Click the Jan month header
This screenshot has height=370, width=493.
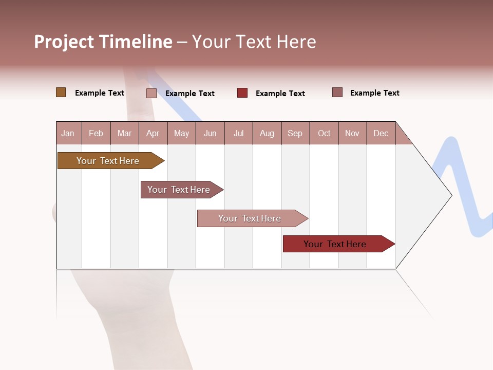pyautogui.click(x=68, y=133)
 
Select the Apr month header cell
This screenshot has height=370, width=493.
pyautogui.click(x=153, y=133)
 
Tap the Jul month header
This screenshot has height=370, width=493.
pyautogui.click(x=238, y=133)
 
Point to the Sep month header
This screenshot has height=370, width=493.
pyautogui.click(x=295, y=133)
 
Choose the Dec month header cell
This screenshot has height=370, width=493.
pyautogui.click(x=381, y=133)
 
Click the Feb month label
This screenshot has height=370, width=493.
pyautogui.click(x=96, y=133)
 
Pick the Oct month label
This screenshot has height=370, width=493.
pyautogui.click(x=324, y=133)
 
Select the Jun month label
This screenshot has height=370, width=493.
pyautogui.click(x=210, y=133)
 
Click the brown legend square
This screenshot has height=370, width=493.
pyautogui.click(x=61, y=92)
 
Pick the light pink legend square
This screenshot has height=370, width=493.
pyautogui.click(x=151, y=93)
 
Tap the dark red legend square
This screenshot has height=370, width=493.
pyautogui.click(x=242, y=92)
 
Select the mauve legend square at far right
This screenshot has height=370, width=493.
pyautogui.click(x=337, y=92)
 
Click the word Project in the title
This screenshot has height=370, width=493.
pyautogui.click(x=64, y=42)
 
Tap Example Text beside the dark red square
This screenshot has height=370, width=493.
pyautogui.click(x=280, y=94)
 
